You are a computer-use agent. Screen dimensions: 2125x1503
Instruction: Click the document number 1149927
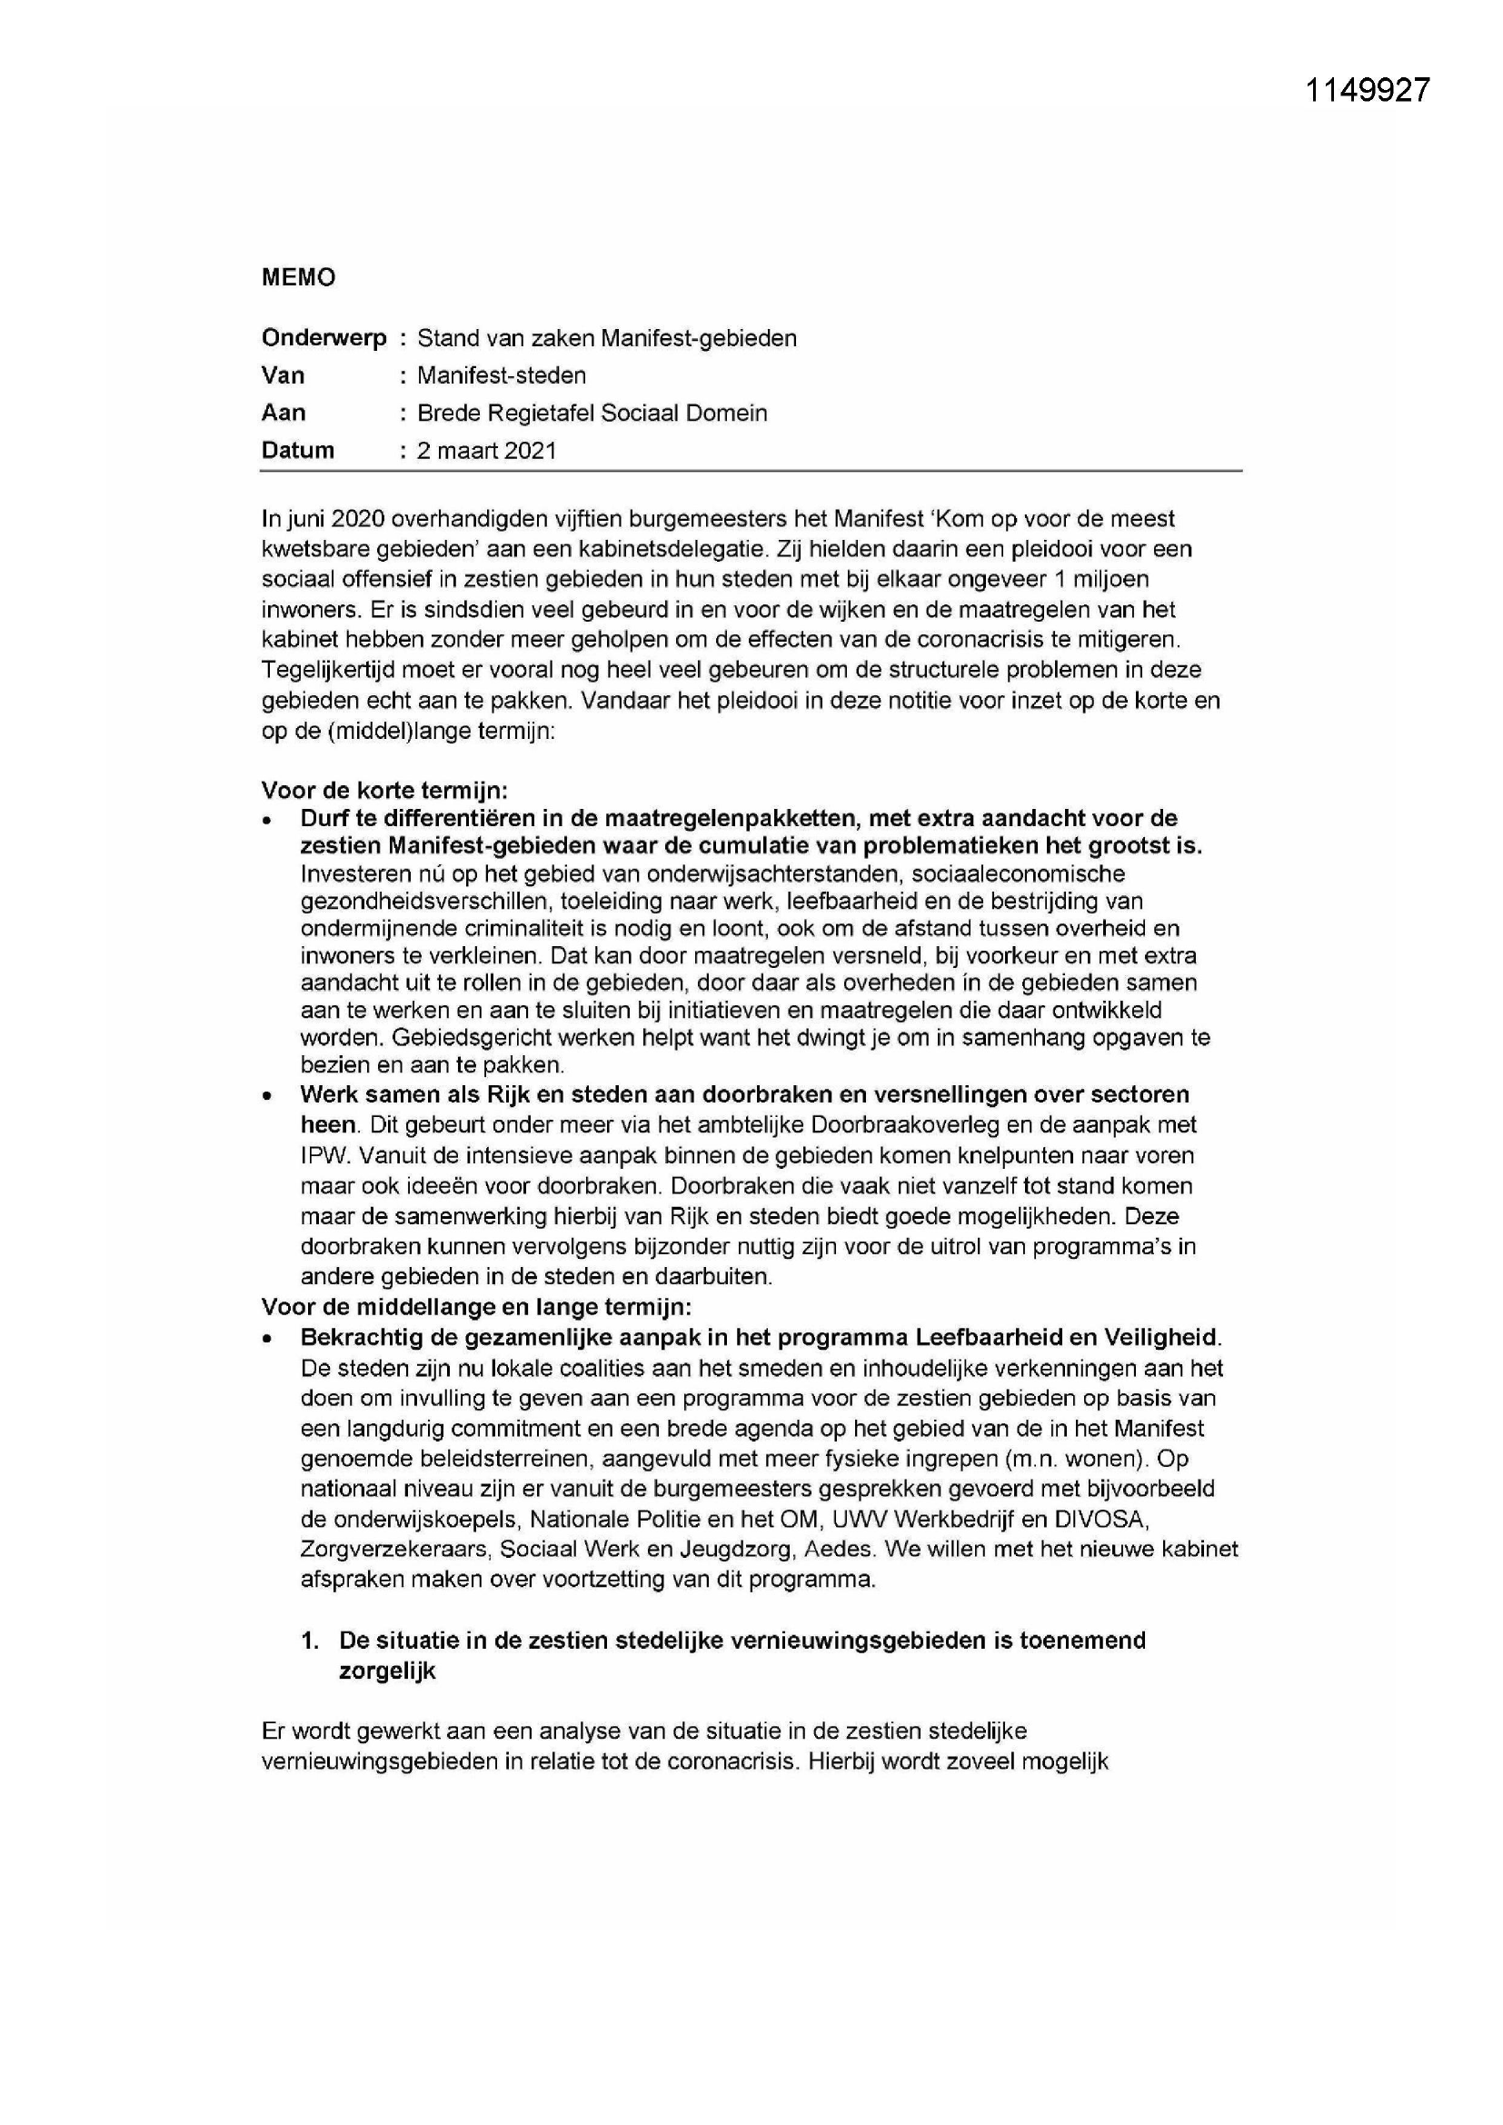(x=1367, y=90)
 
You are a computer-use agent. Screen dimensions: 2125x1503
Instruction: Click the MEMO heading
(x=298, y=277)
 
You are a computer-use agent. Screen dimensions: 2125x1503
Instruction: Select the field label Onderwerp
(x=323, y=339)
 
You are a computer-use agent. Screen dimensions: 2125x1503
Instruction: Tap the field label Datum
(x=297, y=451)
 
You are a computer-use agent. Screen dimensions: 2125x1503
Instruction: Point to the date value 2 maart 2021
(x=487, y=451)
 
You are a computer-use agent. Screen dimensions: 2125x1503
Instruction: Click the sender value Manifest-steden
(x=502, y=375)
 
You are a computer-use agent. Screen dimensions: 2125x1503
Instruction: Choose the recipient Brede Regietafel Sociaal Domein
(x=592, y=413)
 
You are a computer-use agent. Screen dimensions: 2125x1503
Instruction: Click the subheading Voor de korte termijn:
(x=385, y=791)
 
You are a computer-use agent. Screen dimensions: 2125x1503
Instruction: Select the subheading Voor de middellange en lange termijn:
(x=477, y=1307)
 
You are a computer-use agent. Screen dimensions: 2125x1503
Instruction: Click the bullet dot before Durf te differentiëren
(x=267, y=821)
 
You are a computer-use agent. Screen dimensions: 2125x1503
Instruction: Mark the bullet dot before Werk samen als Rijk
(x=267, y=1097)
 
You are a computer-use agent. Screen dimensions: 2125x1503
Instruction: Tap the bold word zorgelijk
(x=387, y=1671)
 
